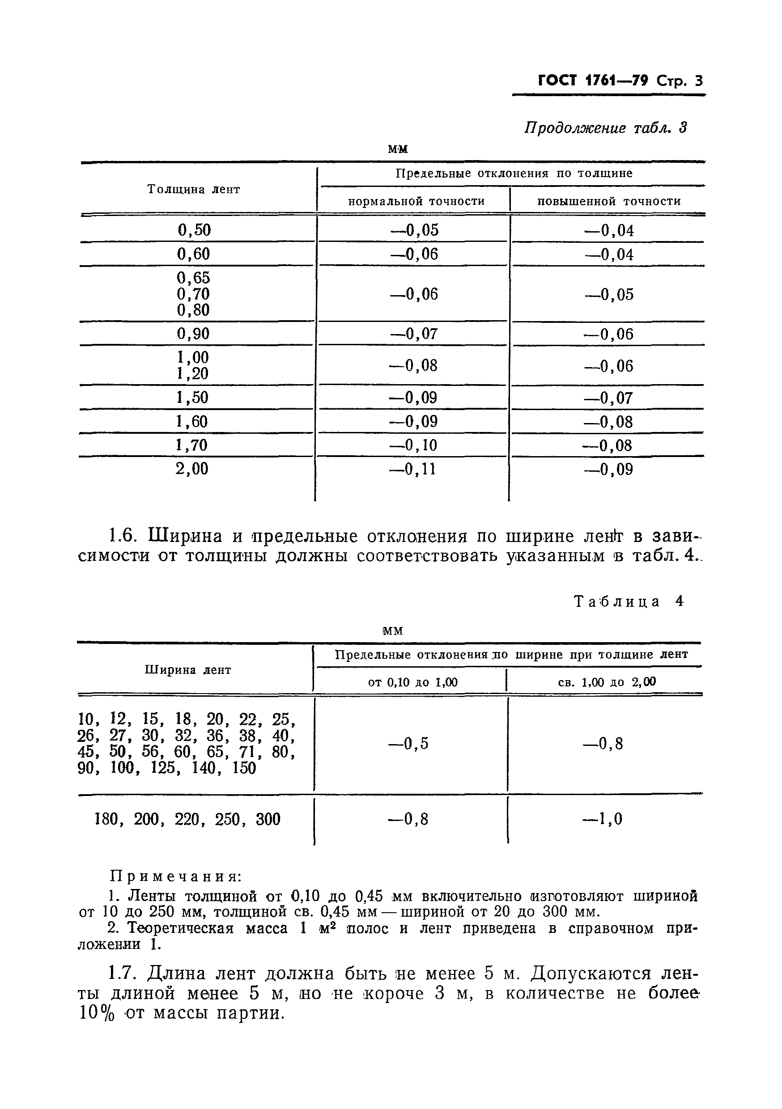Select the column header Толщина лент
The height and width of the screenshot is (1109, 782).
tap(193, 189)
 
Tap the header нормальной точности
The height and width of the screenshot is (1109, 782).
tap(416, 201)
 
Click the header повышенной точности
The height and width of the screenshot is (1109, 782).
tap(609, 201)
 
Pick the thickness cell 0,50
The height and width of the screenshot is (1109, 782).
tap(194, 230)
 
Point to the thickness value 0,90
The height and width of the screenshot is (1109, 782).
tap(193, 334)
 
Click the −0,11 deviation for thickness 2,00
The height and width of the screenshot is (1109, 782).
tap(413, 469)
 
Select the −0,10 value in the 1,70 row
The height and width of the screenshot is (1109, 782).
tap(413, 445)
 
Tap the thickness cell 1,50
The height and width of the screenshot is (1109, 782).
tap(192, 398)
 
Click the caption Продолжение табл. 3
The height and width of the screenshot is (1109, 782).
tap(605, 128)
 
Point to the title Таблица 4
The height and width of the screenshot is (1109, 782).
tap(628, 601)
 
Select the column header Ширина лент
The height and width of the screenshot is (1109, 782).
tap(188, 670)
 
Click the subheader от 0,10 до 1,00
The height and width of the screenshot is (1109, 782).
tap(413, 682)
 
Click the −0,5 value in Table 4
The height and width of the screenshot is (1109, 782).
tap(409, 743)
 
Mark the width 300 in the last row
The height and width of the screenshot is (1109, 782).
tap(268, 819)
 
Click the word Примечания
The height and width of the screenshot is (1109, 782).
tap(176, 876)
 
